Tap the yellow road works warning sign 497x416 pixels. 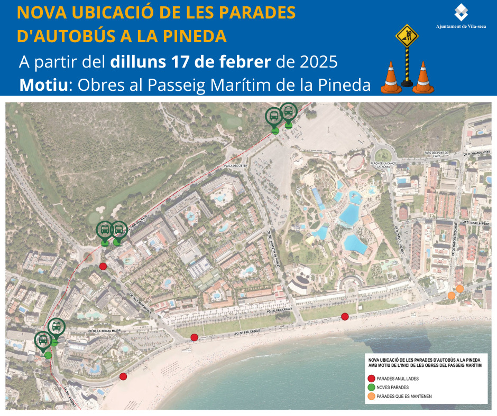[x=407, y=37]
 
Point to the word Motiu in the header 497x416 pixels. [x=44, y=84]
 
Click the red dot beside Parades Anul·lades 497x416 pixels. [x=371, y=378]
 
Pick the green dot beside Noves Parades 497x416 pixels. [x=371, y=387]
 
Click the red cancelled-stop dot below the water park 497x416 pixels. [x=345, y=317]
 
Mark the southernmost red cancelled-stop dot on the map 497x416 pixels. [x=123, y=376]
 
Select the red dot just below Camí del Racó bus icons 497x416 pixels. [x=103, y=266]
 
